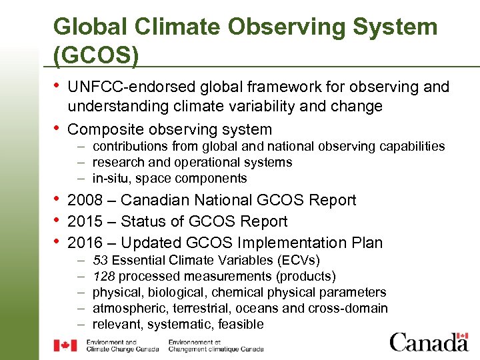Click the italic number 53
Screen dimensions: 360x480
(100, 260)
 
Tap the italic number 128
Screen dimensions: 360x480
(103, 276)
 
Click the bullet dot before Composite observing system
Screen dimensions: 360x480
(57, 128)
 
